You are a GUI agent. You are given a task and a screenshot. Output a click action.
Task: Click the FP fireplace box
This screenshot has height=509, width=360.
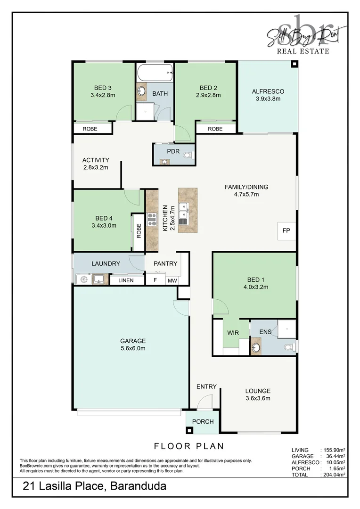pyautogui.click(x=286, y=231)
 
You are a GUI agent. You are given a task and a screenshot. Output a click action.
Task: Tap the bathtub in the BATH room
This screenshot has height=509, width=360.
pyautogui.click(x=155, y=73)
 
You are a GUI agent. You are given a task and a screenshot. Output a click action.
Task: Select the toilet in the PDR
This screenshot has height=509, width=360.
pyautogui.click(x=188, y=155)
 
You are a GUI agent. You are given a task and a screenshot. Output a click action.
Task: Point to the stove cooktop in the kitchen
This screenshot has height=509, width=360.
pyautogui.click(x=152, y=219)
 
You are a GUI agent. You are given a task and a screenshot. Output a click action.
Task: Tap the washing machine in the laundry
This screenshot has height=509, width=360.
pyautogui.click(x=84, y=279)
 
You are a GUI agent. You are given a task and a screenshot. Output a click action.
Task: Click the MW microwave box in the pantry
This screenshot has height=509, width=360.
pyautogui.click(x=172, y=280)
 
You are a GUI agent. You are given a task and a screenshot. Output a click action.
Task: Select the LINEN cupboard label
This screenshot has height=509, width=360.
pyautogui.click(x=126, y=280)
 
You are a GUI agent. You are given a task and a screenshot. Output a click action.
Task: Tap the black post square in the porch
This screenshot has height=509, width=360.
pyautogui.click(x=189, y=431)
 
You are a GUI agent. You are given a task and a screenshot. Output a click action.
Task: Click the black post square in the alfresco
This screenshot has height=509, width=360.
pyautogui.click(x=294, y=64)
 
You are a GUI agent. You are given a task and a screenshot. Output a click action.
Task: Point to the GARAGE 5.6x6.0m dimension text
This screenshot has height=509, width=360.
pyautogui.click(x=133, y=348)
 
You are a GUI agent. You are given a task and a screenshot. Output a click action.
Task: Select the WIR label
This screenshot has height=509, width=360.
pyautogui.click(x=233, y=333)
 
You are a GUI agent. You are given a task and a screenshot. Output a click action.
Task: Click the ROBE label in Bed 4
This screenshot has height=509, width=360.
pyautogui.click(x=139, y=231)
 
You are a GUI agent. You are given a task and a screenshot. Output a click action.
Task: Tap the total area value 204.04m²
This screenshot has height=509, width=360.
pyautogui.click(x=334, y=475)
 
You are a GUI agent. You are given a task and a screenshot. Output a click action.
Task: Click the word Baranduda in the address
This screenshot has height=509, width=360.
pyautogui.click(x=138, y=486)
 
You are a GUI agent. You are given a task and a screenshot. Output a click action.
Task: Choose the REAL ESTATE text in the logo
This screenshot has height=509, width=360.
pyautogui.click(x=303, y=51)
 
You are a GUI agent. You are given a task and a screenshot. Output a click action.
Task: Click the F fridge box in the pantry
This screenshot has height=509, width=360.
pyautogui.click(x=155, y=280)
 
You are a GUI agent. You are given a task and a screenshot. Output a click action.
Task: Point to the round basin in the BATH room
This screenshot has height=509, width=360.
pyautogui.click(x=141, y=90)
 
